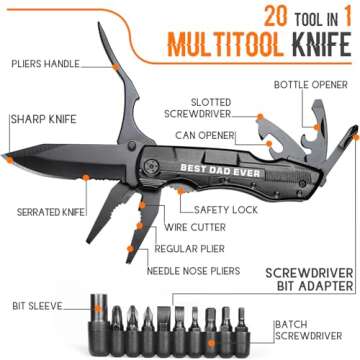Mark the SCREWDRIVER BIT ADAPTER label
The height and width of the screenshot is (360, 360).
click(308, 279)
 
